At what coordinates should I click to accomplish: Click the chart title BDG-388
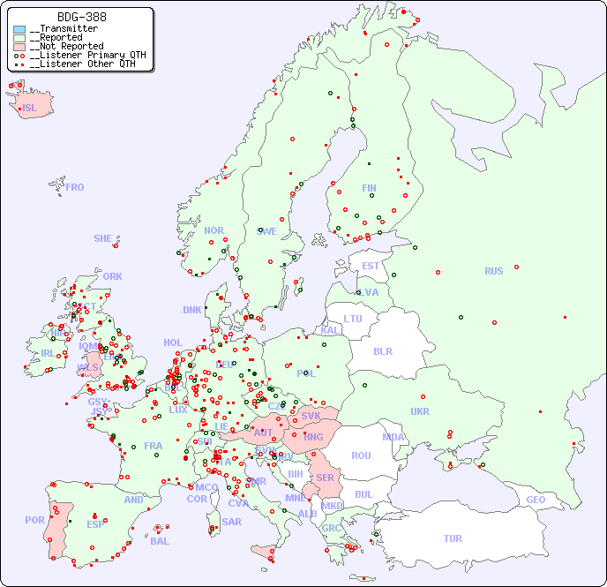click(81, 17)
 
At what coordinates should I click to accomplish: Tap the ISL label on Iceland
click(30, 109)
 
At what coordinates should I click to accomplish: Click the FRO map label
click(75, 187)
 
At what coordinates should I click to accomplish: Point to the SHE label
click(103, 238)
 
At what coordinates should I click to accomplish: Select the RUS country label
click(493, 271)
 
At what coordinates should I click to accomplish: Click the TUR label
click(453, 538)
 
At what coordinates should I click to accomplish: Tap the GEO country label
click(536, 500)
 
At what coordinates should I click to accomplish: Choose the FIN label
click(369, 188)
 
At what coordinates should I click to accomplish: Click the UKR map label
click(420, 411)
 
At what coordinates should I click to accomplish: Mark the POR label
click(34, 520)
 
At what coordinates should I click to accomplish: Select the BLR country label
click(383, 350)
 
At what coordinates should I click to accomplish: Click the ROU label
click(361, 455)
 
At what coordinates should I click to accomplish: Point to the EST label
click(371, 266)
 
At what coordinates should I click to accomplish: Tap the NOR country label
click(214, 230)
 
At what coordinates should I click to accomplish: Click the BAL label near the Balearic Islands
click(160, 541)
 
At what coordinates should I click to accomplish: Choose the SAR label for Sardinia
click(232, 522)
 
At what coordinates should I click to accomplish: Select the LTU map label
click(353, 319)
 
